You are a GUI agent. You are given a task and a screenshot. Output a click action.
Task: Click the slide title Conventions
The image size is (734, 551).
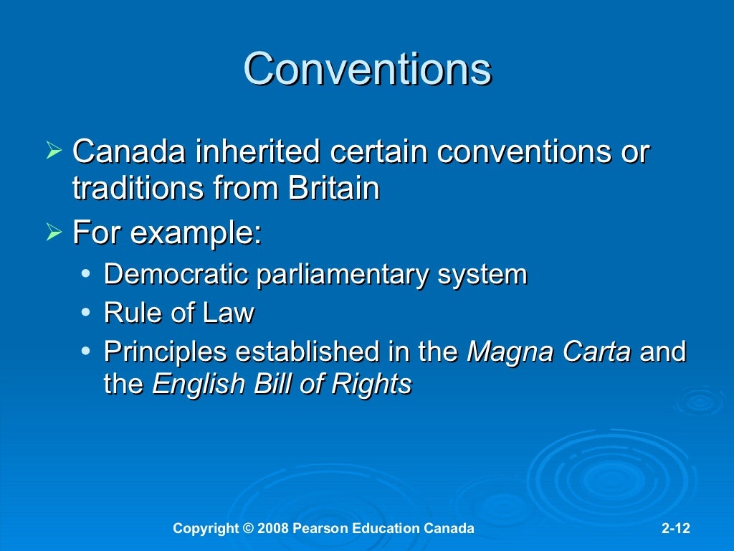tap(367, 70)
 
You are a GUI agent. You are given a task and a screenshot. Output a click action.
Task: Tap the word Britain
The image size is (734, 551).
tap(333, 189)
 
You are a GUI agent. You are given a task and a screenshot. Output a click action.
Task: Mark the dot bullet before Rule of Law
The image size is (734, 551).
tap(86, 314)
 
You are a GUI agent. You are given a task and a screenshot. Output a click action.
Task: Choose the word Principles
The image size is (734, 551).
tap(166, 352)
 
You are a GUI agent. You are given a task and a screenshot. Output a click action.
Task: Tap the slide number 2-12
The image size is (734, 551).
tap(675, 529)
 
